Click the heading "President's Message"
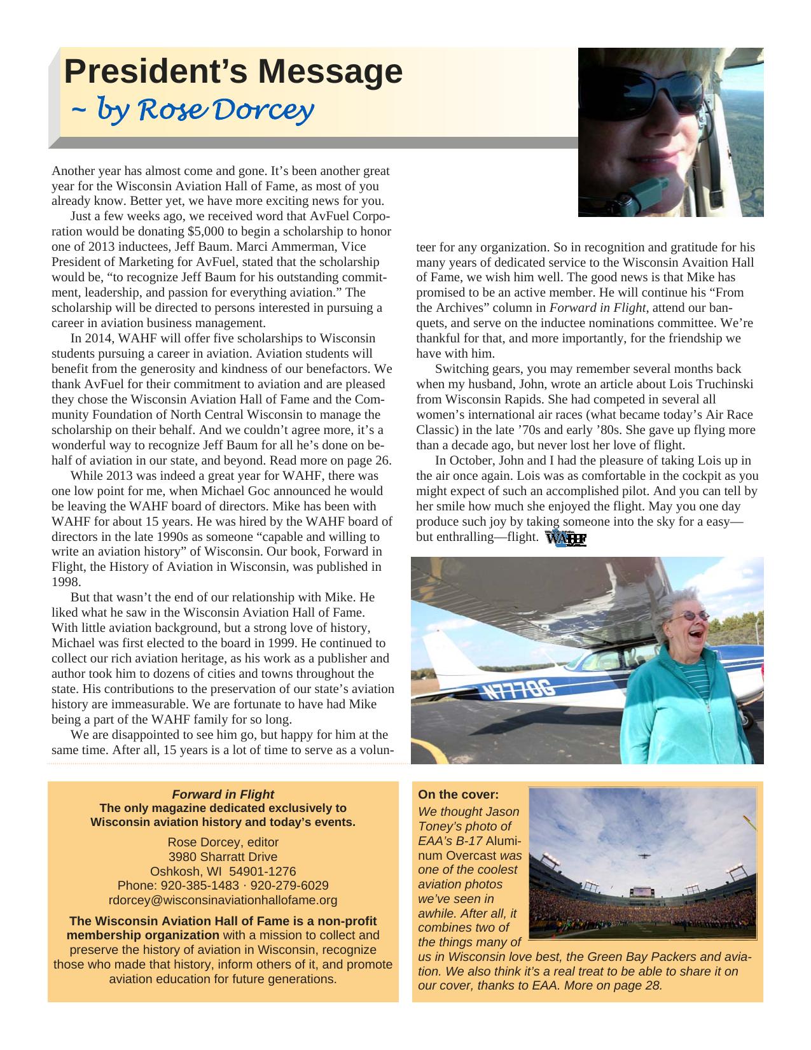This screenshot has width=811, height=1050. click(x=233, y=71)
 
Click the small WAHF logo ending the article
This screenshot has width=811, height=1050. click(x=566, y=538)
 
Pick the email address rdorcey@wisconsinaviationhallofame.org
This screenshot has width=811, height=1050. click(x=223, y=900)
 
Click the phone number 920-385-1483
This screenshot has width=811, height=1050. click(x=189, y=885)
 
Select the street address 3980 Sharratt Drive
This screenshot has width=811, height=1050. click(x=223, y=857)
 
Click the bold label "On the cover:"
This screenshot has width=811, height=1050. click(x=458, y=794)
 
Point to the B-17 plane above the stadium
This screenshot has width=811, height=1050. click(x=644, y=856)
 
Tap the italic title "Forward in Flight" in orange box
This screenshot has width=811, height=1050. click(x=223, y=794)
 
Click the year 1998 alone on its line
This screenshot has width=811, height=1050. click(x=66, y=582)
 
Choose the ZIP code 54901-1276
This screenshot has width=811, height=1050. click(x=261, y=871)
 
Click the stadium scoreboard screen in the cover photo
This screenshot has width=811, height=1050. click(x=642, y=892)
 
